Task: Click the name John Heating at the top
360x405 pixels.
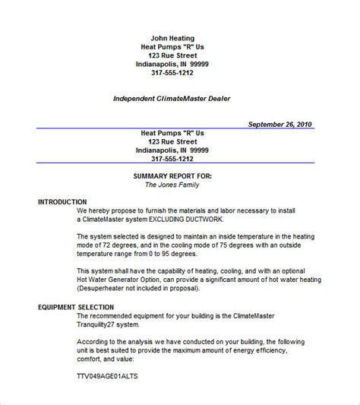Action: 172,38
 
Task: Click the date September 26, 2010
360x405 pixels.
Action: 279,125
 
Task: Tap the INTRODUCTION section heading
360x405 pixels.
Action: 62,202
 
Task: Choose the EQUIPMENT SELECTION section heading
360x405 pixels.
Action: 78,307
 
